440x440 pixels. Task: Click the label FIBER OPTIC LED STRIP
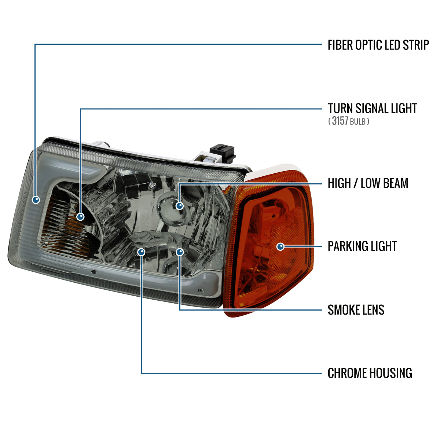[378, 45]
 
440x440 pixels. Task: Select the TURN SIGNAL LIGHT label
[373, 108]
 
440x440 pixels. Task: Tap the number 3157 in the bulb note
[340, 121]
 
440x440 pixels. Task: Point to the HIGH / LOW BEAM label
[368, 183]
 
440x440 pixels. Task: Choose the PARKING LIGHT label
[362, 246]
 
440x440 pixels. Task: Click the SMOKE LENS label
[356, 310]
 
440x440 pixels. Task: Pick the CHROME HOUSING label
[370, 373]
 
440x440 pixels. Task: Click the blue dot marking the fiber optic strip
[36, 200]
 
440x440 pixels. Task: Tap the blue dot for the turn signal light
[80, 216]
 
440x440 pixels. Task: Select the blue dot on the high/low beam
[179, 206]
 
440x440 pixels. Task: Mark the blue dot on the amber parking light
[280, 247]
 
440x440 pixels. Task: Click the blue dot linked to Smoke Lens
[180, 252]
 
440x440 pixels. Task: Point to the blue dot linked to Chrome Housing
[141, 252]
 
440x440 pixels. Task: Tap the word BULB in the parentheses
[357, 122]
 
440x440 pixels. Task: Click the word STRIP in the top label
[416, 45]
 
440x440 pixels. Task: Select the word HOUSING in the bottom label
[391, 373]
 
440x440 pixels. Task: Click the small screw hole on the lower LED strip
[93, 272]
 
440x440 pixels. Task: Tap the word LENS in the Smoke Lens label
[373, 310]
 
